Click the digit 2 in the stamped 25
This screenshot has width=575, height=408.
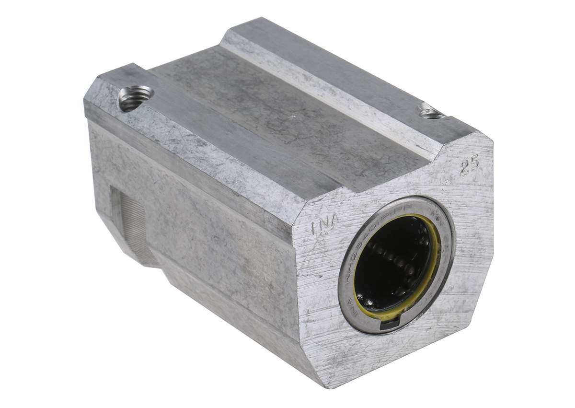tap(463, 168)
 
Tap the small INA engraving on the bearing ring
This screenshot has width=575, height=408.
tap(355, 307)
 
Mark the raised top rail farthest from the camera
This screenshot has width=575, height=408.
tap(335, 72)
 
